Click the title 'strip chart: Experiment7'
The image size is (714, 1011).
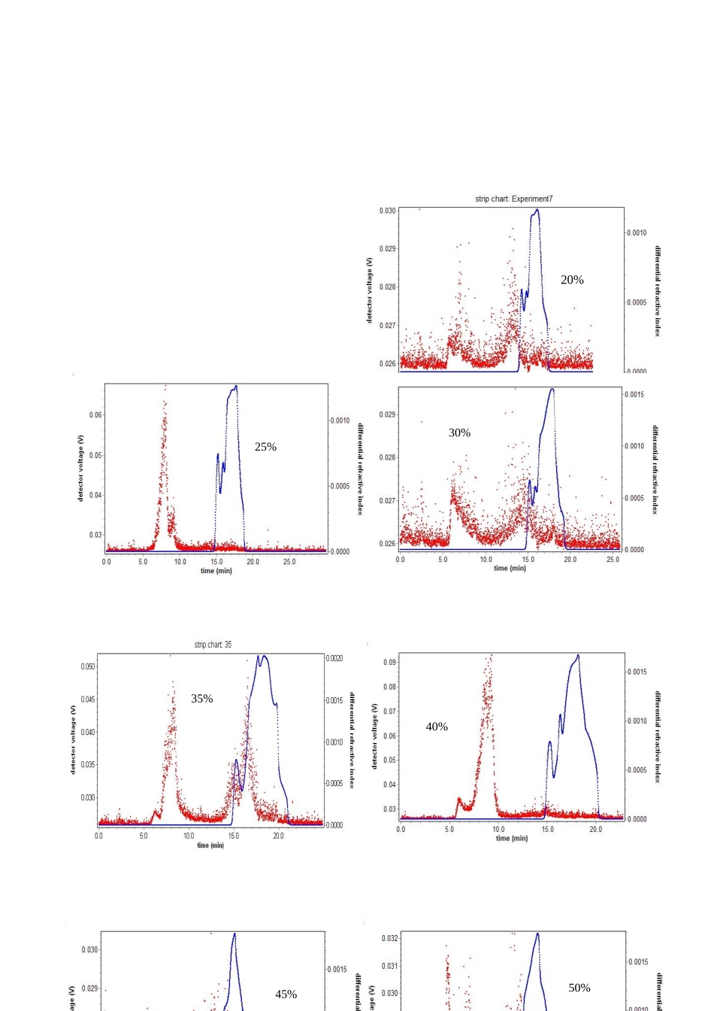[513, 199]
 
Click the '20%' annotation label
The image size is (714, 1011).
[572, 280]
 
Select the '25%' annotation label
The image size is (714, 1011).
[265, 447]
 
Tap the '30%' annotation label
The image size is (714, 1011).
[459, 433]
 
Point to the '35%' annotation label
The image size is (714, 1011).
[201, 699]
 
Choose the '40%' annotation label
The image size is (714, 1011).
[437, 727]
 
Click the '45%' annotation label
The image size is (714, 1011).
[286, 994]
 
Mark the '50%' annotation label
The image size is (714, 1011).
[579, 988]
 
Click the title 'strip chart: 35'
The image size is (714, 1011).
[213, 645]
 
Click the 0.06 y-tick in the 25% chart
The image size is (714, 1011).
[95, 415]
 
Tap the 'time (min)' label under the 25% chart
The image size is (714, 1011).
[216, 571]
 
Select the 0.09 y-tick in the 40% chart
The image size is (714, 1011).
[389, 663]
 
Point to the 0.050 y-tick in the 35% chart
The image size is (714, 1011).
[88, 666]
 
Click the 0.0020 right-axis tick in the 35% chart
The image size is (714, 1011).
[334, 658]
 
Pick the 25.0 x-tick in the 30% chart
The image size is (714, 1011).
[613, 560]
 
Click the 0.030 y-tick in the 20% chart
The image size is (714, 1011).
[387, 211]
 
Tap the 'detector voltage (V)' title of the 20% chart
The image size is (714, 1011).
[369, 290]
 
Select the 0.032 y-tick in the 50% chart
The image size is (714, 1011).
[389, 939]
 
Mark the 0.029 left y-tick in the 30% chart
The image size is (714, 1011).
[387, 414]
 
